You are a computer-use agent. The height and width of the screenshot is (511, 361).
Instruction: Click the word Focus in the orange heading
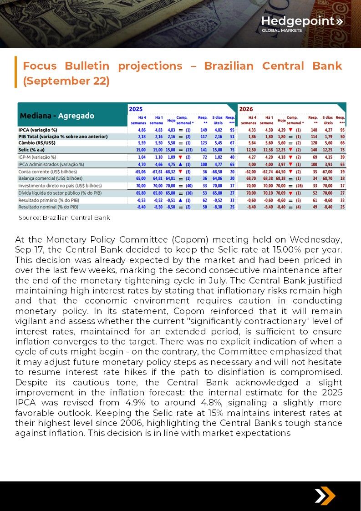pyautogui.click(x=40, y=66)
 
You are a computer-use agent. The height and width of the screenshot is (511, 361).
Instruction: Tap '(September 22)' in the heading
pyautogui.click(x=66, y=81)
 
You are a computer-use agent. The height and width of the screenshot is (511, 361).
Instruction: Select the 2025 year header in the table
pyautogui.click(x=136, y=109)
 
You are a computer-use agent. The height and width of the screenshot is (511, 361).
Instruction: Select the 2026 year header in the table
pyautogui.click(x=246, y=109)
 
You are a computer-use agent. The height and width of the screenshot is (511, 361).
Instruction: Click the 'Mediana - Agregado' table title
pyautogui.click(x=56, y=116)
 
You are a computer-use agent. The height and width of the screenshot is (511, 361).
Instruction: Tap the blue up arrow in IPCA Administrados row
pyautogui.click(x=181, y=164)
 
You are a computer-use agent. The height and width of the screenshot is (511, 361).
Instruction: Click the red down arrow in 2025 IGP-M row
pyautogui.click(x=181, y=157)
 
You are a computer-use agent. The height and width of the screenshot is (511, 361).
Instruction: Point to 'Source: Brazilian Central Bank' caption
pyautogui.click(x=64, y=218)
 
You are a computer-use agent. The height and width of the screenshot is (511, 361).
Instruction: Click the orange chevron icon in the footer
pyautogui.click(x=325, y=496)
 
